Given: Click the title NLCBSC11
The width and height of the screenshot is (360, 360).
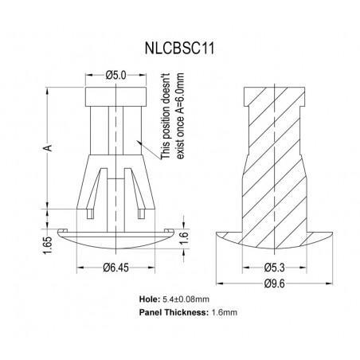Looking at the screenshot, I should tap(180, 48).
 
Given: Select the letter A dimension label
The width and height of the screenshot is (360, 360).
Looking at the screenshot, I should tap(47, 148).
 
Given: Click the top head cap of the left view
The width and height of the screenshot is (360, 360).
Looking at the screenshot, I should tap(115, 98).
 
